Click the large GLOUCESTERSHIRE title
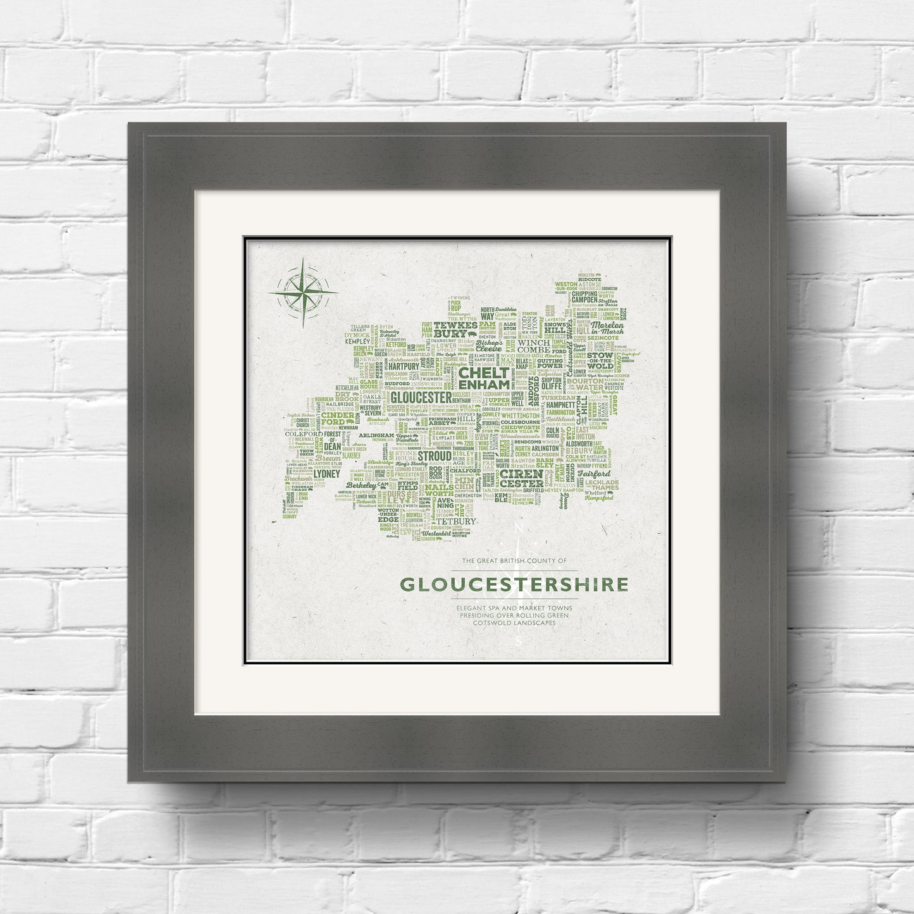point(515,584)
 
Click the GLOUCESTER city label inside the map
point(421,397)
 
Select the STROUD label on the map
point(435,455)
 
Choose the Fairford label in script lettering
point(595,473)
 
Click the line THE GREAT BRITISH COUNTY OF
point(515,560)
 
